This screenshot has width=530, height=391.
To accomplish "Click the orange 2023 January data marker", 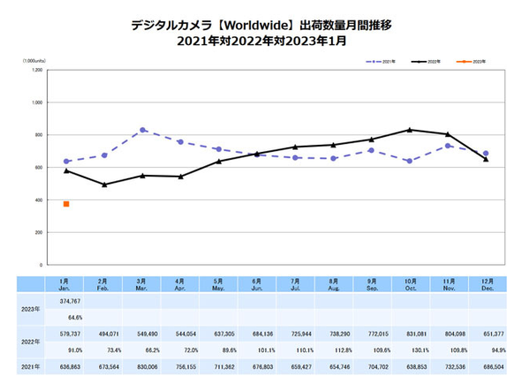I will (x=66, y=204).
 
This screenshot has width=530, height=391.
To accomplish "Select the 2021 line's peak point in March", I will (x=143, y=130).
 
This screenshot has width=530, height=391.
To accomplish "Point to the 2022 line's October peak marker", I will (x=410, y=130).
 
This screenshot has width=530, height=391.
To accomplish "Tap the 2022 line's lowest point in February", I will (x=104, y=184).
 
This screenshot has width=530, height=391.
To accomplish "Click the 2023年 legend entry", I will (x=473, y=62).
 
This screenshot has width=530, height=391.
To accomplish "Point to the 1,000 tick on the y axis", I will (x=35, y=102).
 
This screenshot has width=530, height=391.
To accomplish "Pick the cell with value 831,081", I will (x=410, y=335).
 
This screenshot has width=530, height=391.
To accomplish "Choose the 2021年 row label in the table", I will (x=28, y=365).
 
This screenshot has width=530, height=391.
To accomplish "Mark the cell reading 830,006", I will (x=143, y=365).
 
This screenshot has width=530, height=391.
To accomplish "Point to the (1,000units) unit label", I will (x=36, y=60).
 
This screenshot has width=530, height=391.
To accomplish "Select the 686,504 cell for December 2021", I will (x=486, y=365).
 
